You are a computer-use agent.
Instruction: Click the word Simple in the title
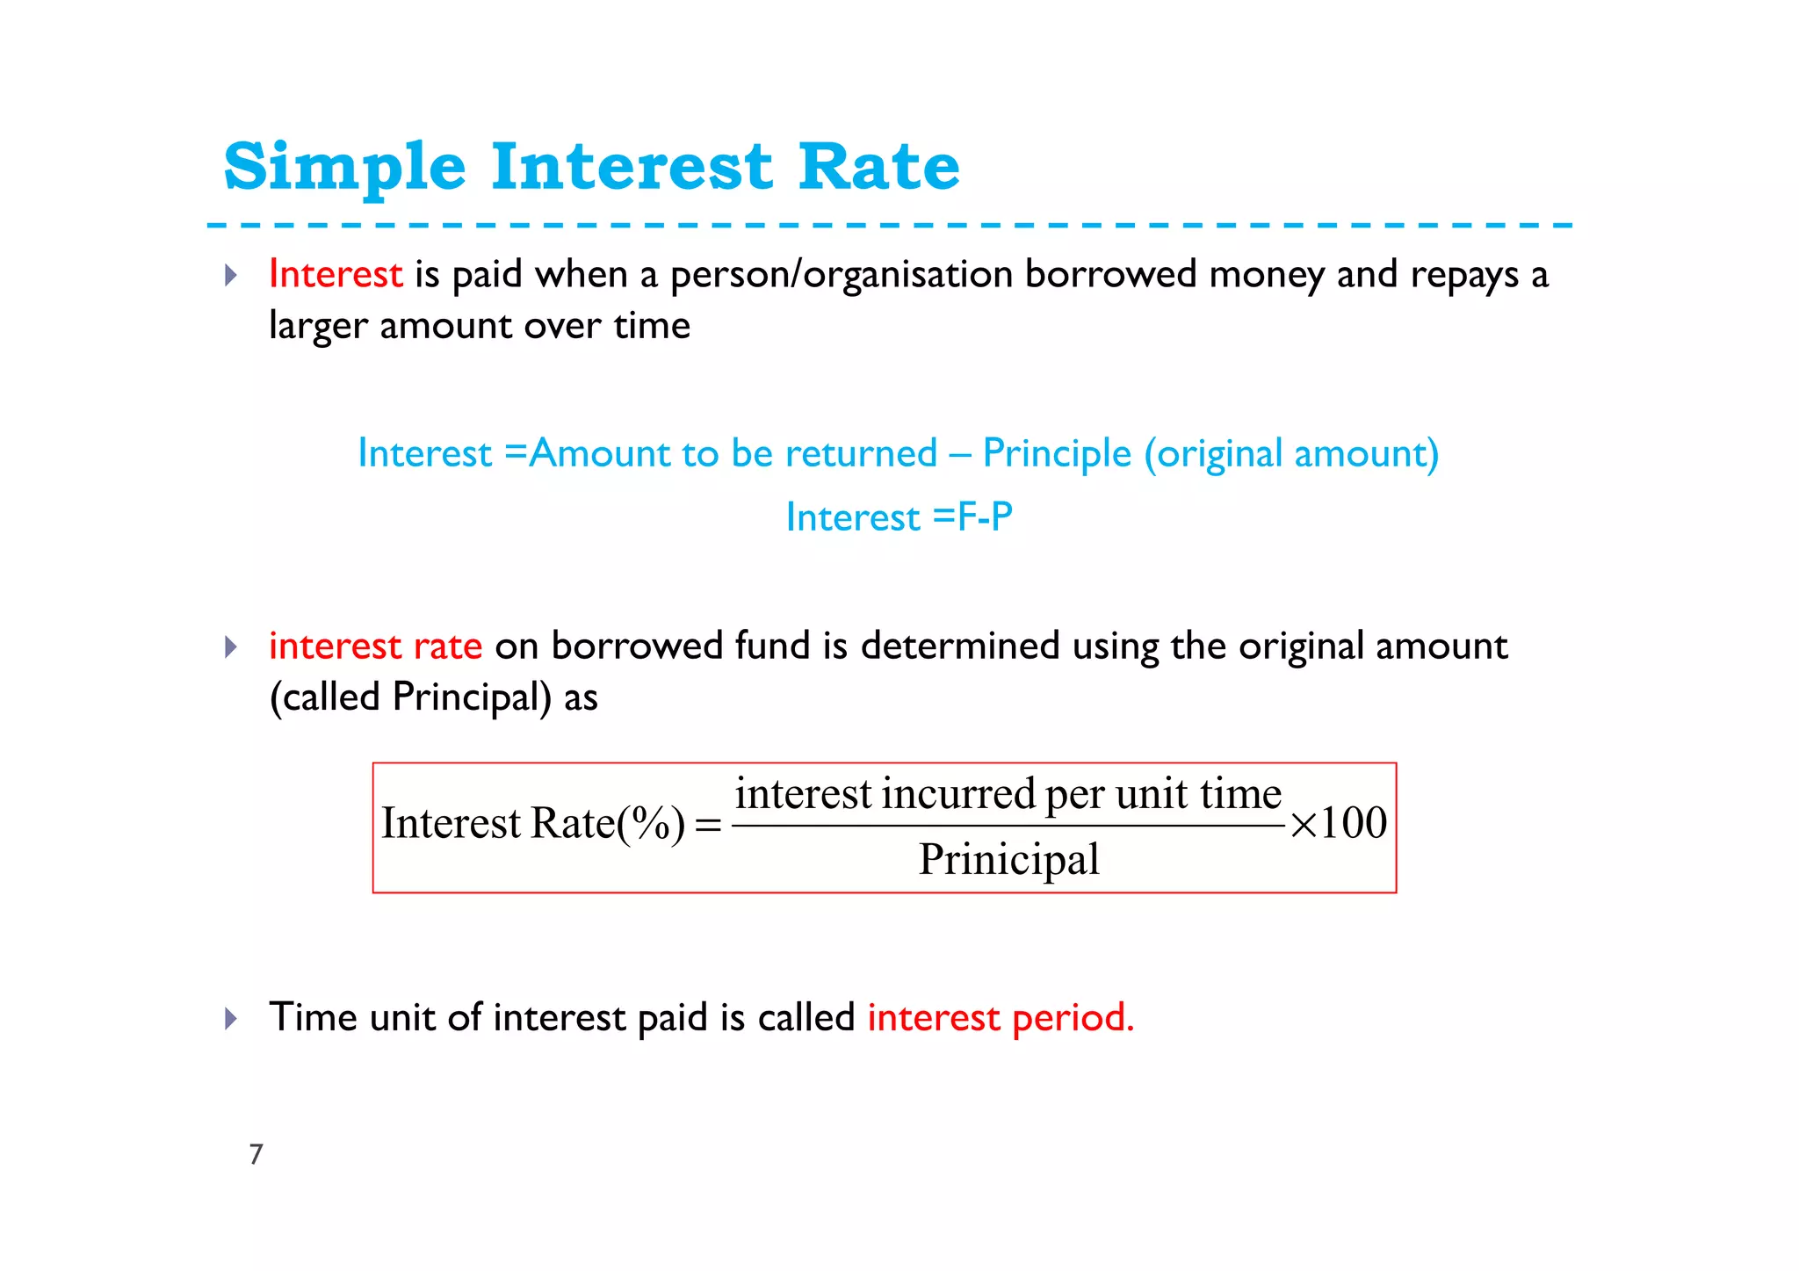pos(344,167)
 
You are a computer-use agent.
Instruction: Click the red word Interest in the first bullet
pos(336,274)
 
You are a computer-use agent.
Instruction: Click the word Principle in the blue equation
pos(1057,454)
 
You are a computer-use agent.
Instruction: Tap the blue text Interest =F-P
pos(899,517)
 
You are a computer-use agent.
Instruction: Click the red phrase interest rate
pos(375,646)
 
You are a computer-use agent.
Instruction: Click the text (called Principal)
pos(410,698)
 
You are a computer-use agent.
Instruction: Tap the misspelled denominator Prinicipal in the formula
pos(1008,859)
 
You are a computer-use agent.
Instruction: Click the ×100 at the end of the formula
pos(1338,824)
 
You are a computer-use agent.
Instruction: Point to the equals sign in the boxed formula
pos(708,826)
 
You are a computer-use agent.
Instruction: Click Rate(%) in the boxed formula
pos(608,824)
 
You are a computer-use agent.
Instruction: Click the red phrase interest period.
pos(1001,1018)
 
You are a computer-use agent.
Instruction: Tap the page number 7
pos(256,1154)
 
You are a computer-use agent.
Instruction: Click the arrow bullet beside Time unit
pos(231,1019)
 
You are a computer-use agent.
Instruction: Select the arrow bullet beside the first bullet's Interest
pos(231,276)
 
